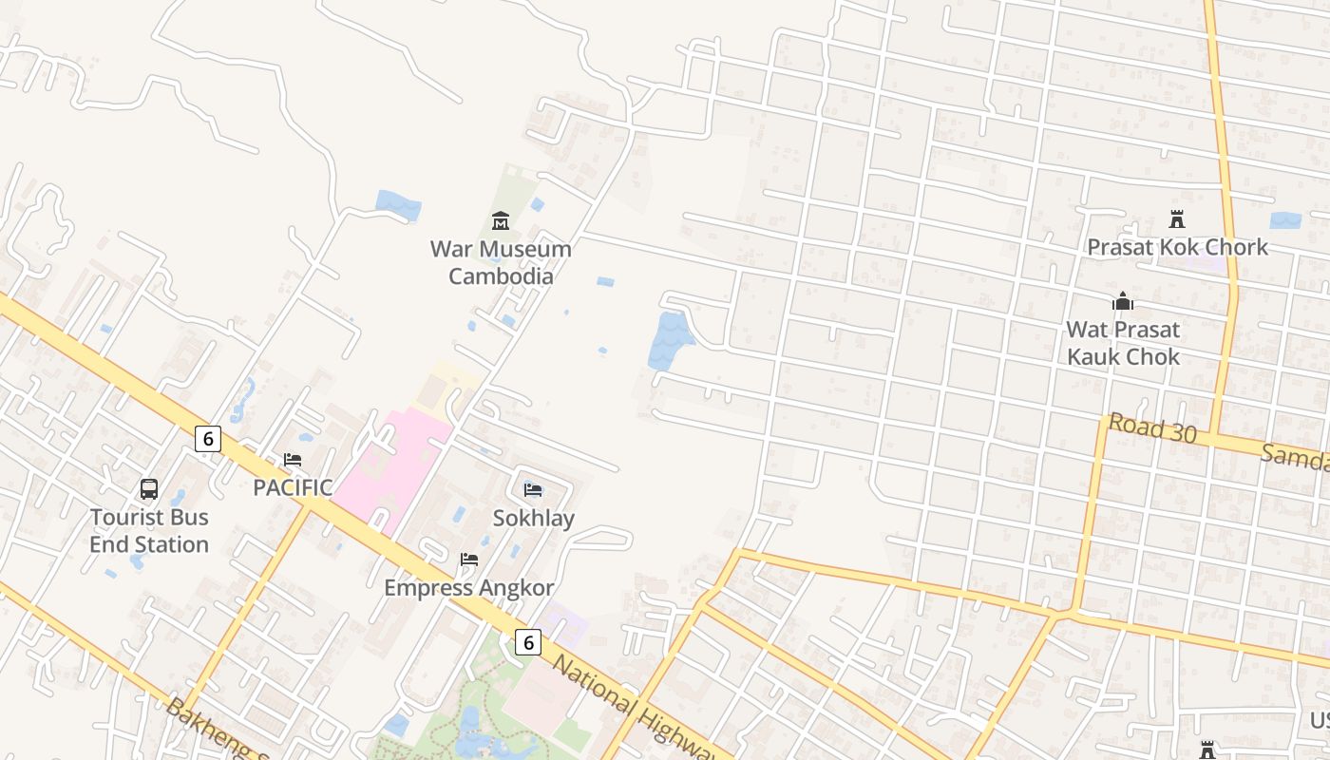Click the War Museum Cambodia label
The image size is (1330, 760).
tap(501, 263)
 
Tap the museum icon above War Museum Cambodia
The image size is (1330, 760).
tap(501, 221)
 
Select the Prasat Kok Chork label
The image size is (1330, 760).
tap(1177, 247)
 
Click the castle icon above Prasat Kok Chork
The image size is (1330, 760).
tap(1177, 219)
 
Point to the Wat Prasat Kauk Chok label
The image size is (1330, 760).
tap(1123, 343)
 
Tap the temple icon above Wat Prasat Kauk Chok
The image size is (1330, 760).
tap(1123, 302)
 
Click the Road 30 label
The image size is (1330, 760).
tap(1151, 428)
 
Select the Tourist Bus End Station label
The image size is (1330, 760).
tap(149, 531)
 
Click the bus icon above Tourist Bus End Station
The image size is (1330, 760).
tap(149, 489)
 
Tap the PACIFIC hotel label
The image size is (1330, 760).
tap(293, 487)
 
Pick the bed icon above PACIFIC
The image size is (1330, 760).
tap(293, 460)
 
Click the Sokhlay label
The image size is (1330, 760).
tap(533, 518)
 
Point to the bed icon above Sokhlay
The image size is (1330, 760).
tap(533, 490)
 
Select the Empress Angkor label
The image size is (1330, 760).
tap(468, 588)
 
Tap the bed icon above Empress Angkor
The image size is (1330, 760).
tap(468, 560)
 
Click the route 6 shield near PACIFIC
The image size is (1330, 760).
tap(208, 439)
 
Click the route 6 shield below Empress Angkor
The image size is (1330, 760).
tap(528, 642)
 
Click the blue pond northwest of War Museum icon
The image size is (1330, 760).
tap(398, 204)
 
